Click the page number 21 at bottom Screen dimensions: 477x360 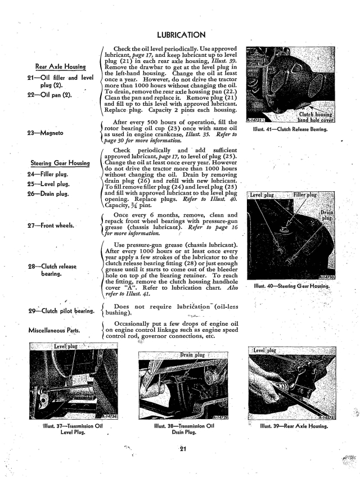pyautogui.click(x=180, y=448)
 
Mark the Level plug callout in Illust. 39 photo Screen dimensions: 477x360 pyautogui.click(x=263, y=350)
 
